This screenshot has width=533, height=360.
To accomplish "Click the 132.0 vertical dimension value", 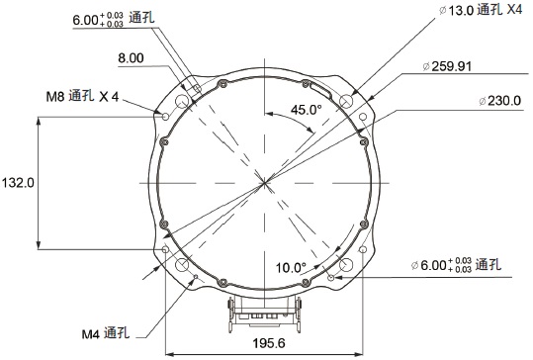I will pos(19,183).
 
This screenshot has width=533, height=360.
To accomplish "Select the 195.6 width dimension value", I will pos(268,342).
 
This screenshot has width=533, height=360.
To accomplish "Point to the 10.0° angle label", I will pos(291,267).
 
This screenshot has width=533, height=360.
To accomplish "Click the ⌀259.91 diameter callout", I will pos(447,67).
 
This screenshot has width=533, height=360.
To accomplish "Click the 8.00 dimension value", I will pos(131,58).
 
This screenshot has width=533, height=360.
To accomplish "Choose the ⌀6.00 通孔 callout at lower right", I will pos(456,265).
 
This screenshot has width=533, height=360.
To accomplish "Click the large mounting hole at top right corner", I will pos(346,101).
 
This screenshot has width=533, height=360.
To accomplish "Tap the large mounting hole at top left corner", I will pos(183,101).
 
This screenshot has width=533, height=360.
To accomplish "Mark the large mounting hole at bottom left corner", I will pos(183,265).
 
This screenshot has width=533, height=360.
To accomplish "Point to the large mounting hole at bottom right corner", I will pos(346,265).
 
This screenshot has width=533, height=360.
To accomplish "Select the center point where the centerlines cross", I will pos(265,183).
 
